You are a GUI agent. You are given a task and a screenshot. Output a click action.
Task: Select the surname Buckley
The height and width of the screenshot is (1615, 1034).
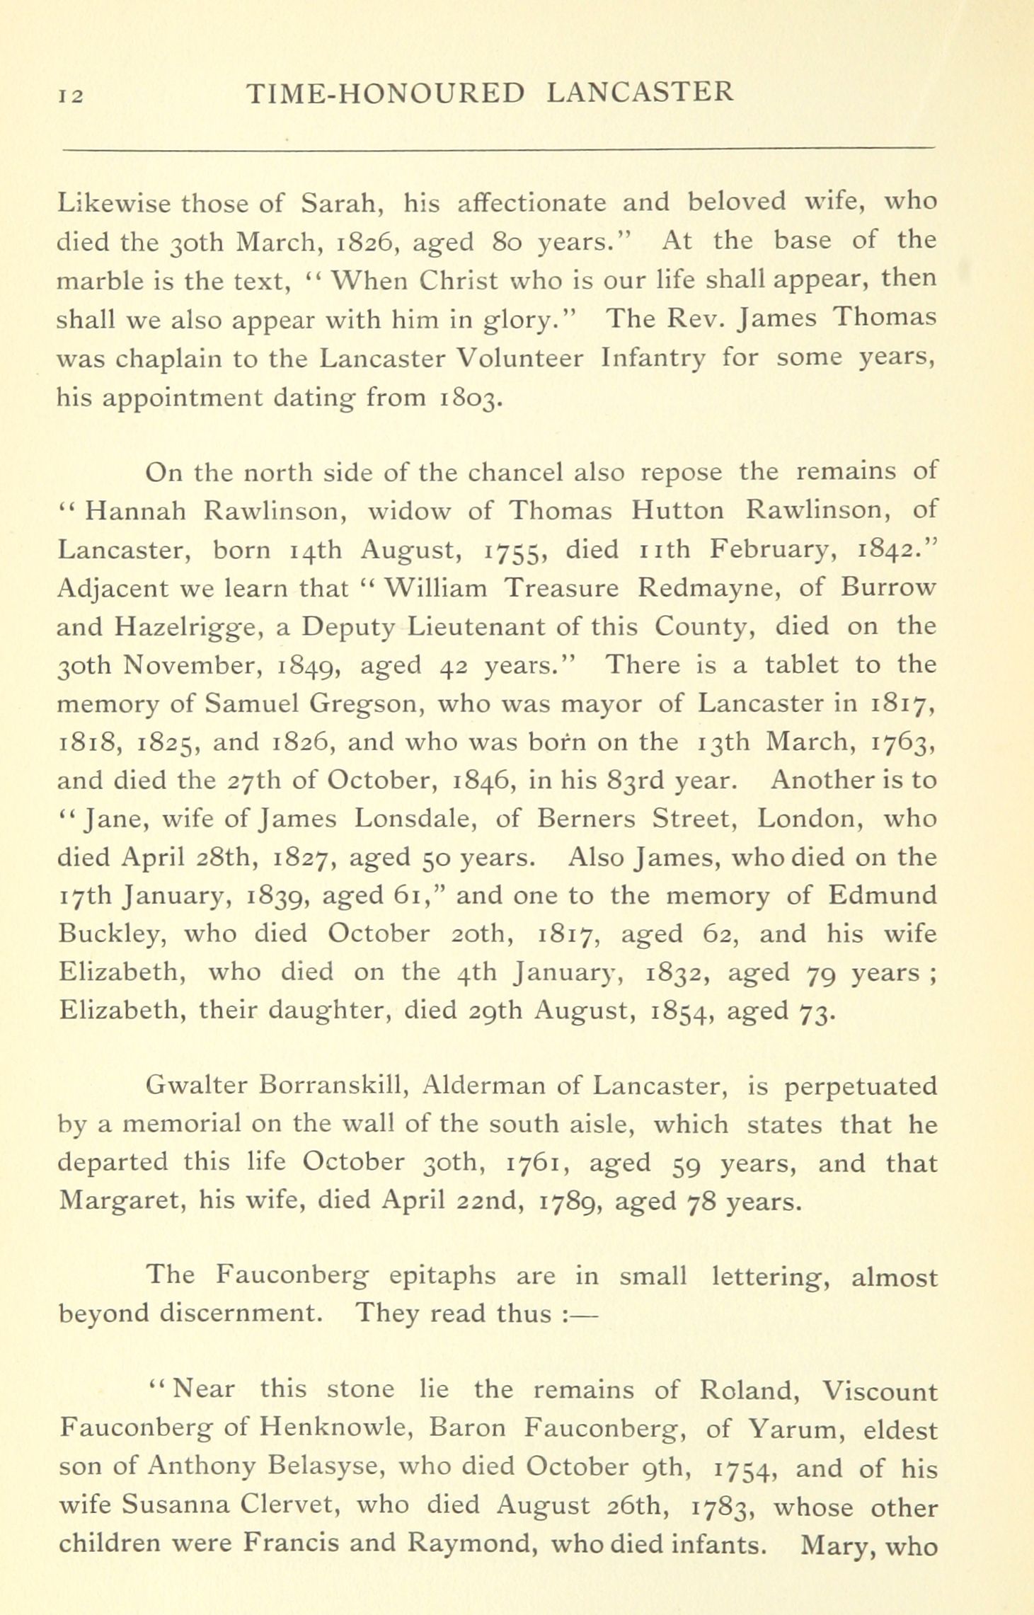(x=112, y=934)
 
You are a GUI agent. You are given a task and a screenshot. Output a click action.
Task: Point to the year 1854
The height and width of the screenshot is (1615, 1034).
(x=680, y=1011)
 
